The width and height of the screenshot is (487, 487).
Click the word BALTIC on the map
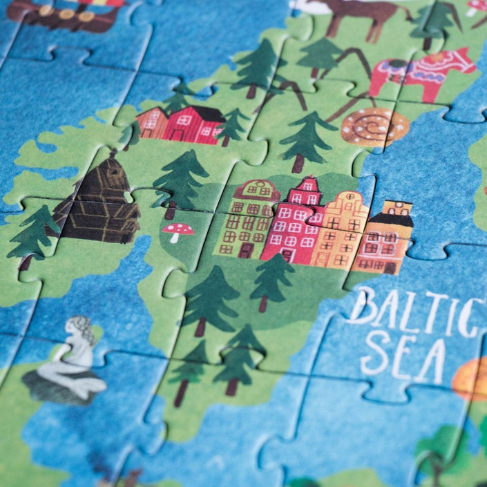[x=414, y=310]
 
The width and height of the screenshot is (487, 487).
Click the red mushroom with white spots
[x=178, y=231]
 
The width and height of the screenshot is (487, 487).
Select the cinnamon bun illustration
[x=374, y=126]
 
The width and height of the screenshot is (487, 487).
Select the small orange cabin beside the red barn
[x=151, y=122]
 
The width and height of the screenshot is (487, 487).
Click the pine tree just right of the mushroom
[x=180, y=180]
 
